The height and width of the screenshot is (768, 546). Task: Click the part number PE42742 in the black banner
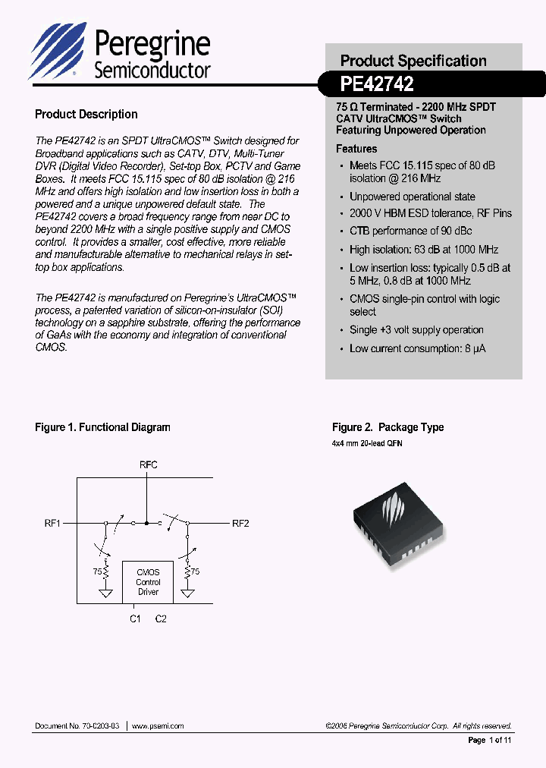tap(377, 82)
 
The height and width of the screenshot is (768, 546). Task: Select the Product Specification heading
tap(413, 61)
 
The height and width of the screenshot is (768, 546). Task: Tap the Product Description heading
tap(86, 115)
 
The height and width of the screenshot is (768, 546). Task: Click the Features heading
tap(356, 149)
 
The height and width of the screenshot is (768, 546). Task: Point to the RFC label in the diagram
tap(149, 464)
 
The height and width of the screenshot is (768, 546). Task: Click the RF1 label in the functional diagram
tap(52, 523)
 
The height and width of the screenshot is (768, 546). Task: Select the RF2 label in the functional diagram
tap(240, 523)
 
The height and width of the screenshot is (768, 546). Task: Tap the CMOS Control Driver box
tap(148, 582)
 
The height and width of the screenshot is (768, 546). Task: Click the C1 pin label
tap(135, 618)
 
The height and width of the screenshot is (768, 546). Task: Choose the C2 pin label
tap(161, 618)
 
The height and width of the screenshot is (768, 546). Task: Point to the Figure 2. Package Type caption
tap(388, 427)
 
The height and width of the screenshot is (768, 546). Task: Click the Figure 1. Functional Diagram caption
tap(102, 427)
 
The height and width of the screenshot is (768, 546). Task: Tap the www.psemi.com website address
tap(158, 726)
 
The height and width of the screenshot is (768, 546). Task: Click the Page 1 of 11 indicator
tap(490, 740)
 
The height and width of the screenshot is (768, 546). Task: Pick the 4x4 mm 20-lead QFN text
tap(367, 442)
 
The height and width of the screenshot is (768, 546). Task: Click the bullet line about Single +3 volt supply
tap(416, 330)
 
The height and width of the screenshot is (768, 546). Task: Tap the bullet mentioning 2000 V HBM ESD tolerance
tap(430, 213)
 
